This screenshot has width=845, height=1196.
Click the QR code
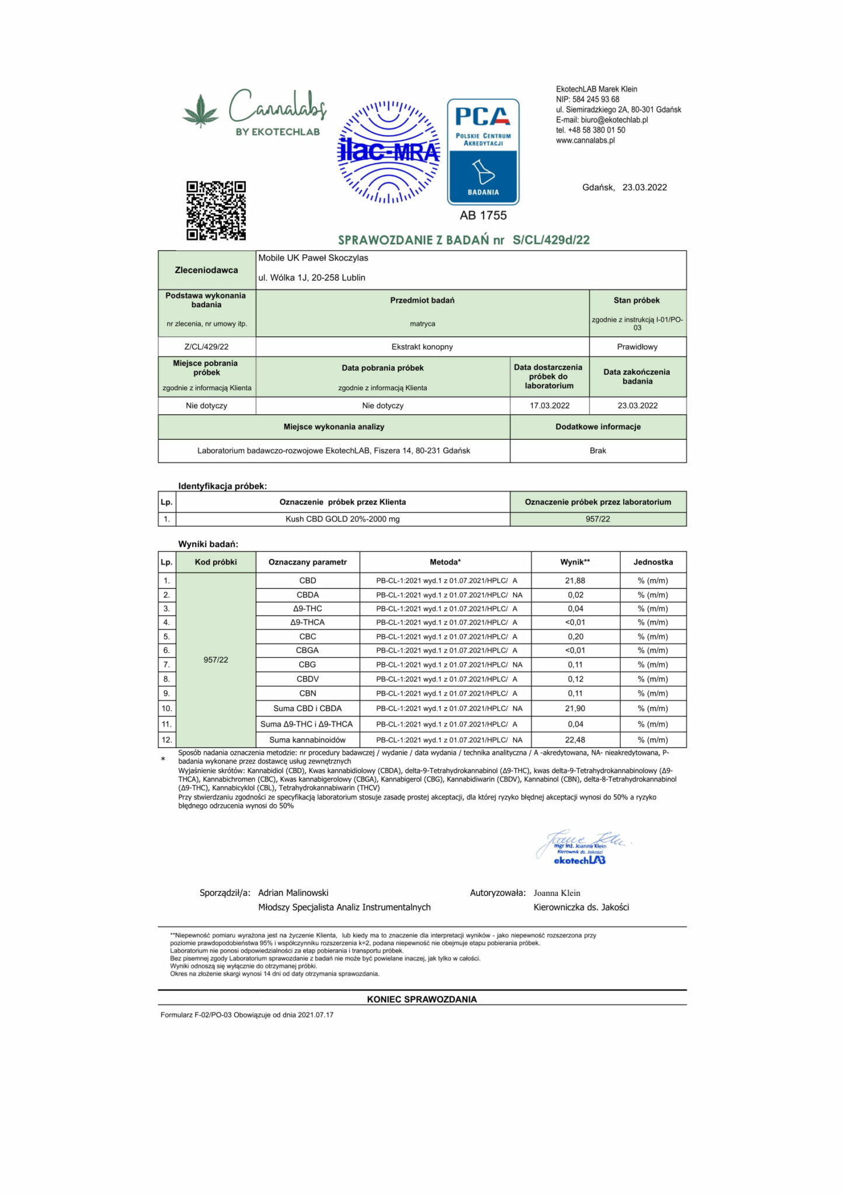[x=215, y=210]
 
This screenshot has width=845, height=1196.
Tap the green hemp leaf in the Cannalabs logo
[x=200, y=111]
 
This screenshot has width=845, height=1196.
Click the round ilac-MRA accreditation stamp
[x=388, y=152]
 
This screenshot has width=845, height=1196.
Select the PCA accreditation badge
[x=483, y=152]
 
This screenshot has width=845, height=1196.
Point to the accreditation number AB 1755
[x=483, y=215]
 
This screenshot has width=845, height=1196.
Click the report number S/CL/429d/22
[x=551, y=240]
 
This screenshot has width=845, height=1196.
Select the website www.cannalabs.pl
[x=585, y=140]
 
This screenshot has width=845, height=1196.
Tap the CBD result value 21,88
[x=575, y=580]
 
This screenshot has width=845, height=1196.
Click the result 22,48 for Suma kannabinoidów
[x=575, y=740]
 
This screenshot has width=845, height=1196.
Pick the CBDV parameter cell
[x=307, y=679]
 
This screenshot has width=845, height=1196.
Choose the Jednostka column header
[x=653, y=562]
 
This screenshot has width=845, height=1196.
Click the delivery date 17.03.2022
[x=550, y=405]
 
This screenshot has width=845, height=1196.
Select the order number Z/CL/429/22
[x=206, y=347]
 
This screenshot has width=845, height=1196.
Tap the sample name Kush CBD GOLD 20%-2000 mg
[x=342, y=519]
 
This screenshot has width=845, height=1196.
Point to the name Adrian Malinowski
[x=293, y=893]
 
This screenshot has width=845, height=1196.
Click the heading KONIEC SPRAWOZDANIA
[x=422, y=999]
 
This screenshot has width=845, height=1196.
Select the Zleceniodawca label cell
[x=206, y=270]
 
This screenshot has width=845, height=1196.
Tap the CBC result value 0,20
[x=575, y=637]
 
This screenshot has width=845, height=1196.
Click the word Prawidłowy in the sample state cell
[x=637, y=347]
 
